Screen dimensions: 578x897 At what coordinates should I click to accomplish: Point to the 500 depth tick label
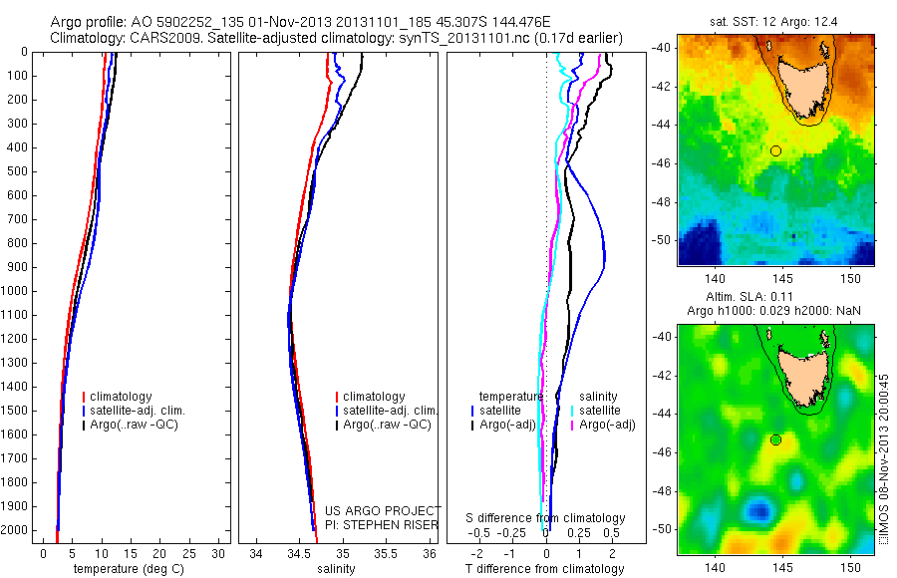17,171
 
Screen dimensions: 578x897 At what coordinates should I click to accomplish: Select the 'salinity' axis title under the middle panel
335,569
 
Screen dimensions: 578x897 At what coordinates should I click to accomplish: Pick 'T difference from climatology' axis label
544,569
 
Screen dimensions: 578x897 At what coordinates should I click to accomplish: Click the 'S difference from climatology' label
545,518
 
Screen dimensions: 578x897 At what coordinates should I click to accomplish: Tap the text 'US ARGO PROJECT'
383,509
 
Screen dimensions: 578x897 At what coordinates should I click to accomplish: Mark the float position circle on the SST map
775,150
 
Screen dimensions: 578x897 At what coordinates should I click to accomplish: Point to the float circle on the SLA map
775,439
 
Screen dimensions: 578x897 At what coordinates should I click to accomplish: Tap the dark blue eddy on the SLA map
759,511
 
